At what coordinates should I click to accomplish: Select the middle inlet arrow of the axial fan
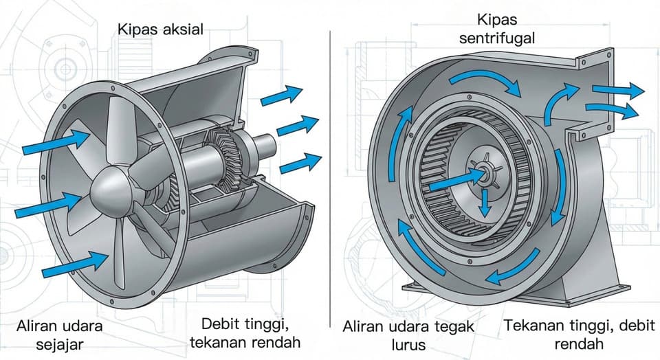[x=48, y=205]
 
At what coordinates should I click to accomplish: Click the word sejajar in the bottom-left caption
[x=59, y=344]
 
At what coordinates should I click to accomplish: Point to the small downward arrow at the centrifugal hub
[x=485, y=203]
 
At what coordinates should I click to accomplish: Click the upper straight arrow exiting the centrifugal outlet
[x=619, y=90]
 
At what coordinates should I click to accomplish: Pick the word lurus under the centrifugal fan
[x=408, y=345]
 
